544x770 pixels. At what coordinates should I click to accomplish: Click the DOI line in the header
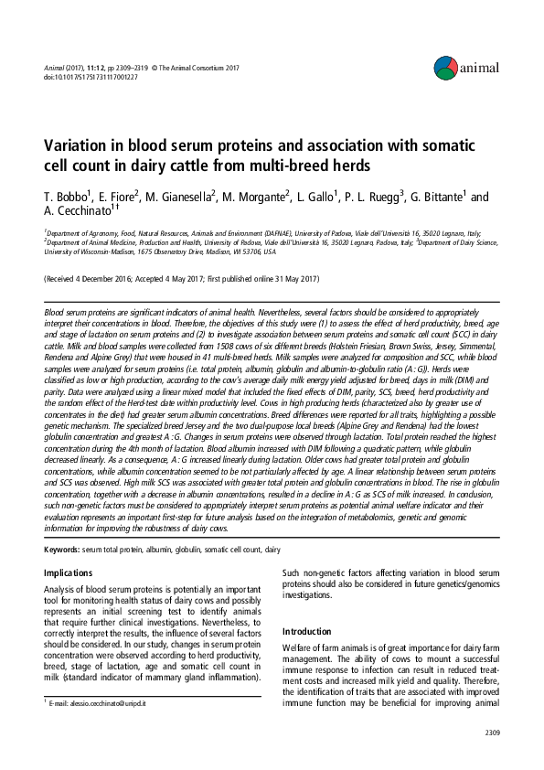pyautogui.click(x=91, y=78)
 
